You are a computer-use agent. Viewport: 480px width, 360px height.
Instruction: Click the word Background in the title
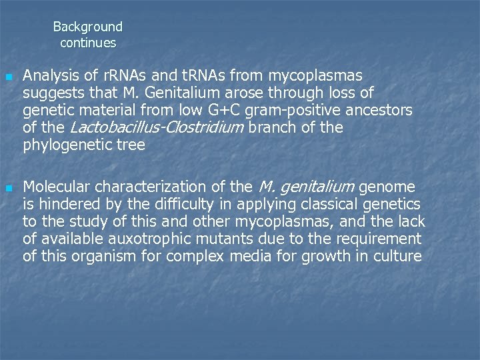pyautogui.click(x=88, y=27)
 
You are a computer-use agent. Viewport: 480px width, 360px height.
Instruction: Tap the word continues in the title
pyautogui.click(x=88, y=43)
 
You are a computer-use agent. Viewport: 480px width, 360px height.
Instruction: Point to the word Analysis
pyautogui.click(x=49, y=75)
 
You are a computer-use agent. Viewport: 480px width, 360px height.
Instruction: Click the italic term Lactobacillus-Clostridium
pyautogui.click(x=157, y=127)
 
